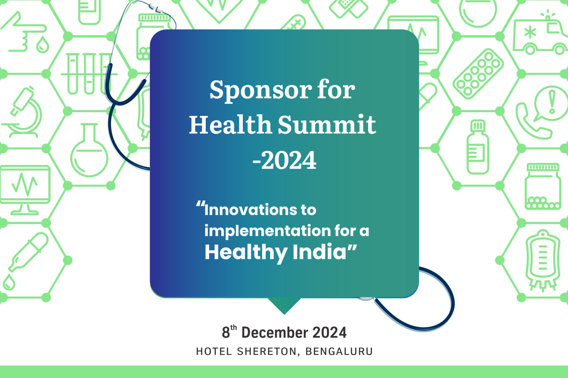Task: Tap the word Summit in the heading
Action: click(x=327, y=124)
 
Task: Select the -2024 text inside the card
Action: click(x=284, y=160)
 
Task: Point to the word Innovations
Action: click(x=250, y=210)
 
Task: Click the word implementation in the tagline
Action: click(x=268, y=231)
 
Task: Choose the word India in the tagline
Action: click(x=319, y=252)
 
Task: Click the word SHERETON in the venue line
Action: click(x=267, y=352)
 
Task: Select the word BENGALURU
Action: click(x=339, y=352)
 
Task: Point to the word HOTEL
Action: click(x=214, y=352)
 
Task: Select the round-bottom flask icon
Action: click(x=89, y=150)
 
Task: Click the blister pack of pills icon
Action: click(x=478, y=73)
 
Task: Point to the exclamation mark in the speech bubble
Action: click(x=552, y=102)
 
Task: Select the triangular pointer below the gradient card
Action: click(x=284, y=306)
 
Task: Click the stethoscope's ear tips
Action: click(x=157, y=8)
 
